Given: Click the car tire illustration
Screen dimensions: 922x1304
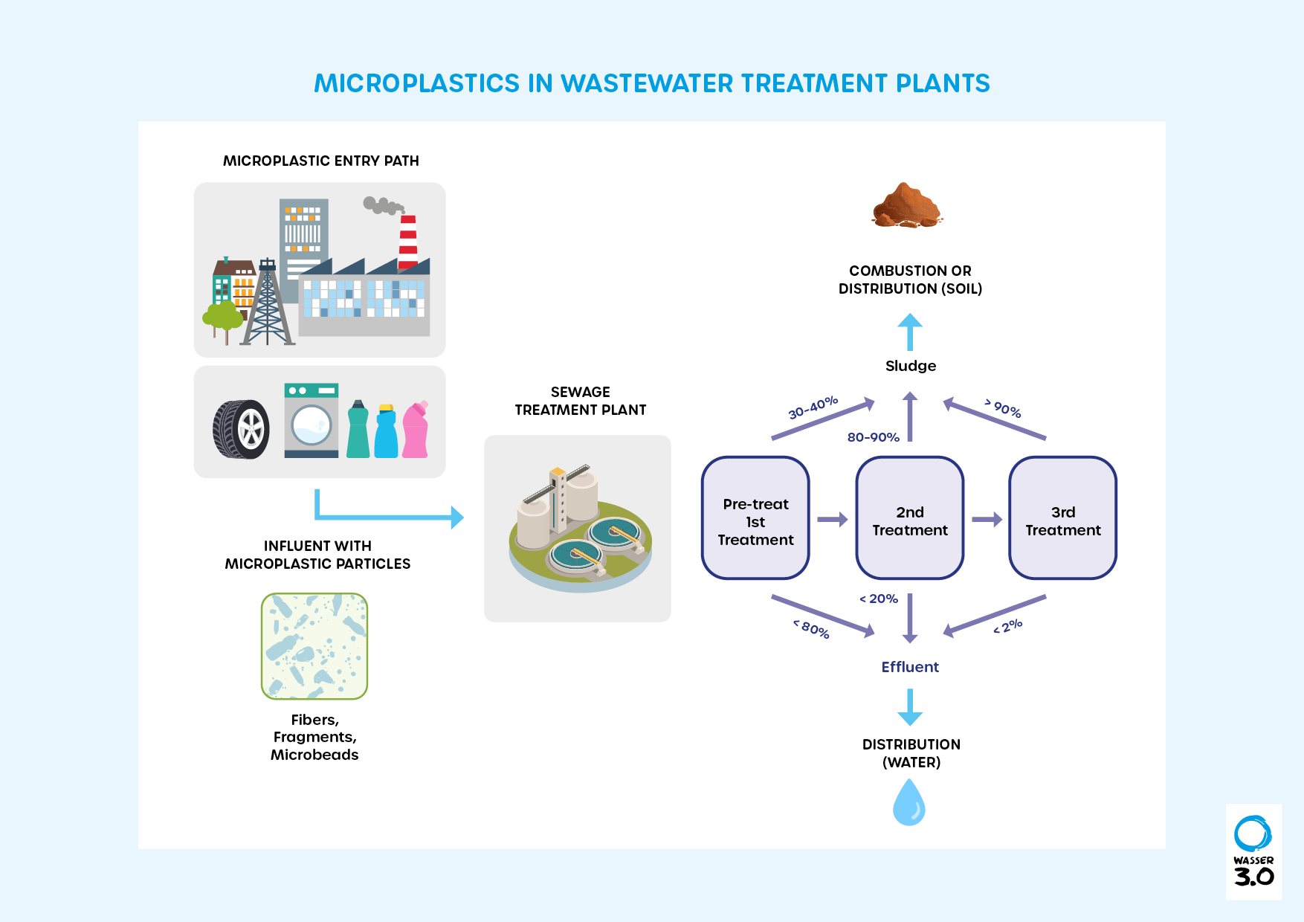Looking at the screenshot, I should click(x=241, y=429).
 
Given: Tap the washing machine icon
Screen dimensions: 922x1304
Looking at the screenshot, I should click(x=311, y=420).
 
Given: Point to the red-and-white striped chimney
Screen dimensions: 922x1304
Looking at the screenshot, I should click(x=408, y=242).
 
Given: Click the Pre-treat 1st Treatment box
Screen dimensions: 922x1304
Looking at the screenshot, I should click(x=755, y=518).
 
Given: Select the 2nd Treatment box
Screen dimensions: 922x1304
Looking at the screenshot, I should click(x=910, y=518).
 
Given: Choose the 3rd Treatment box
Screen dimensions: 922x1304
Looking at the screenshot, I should click(x=1063, y=518).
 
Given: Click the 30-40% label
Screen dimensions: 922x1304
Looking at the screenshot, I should click(x=813, y=407).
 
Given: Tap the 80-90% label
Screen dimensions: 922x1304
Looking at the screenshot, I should click(x=873, y=437).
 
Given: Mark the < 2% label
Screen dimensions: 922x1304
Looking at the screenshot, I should click(x=1008, y=627).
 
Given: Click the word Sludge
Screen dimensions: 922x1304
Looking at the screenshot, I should click(x=911, y=366).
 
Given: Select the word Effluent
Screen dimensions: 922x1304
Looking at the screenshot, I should click(x=910, y=667).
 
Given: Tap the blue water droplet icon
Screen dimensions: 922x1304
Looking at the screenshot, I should click(x=908, y=803).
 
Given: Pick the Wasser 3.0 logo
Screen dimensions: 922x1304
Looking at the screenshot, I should click(x=1253, y=851).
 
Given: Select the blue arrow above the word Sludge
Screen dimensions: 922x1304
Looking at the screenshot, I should click(x=910, y=332).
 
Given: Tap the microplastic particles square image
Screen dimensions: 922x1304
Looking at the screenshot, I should click(x=314, y=646).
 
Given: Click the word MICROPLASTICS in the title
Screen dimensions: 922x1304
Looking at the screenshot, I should click(x=416, y=83).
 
